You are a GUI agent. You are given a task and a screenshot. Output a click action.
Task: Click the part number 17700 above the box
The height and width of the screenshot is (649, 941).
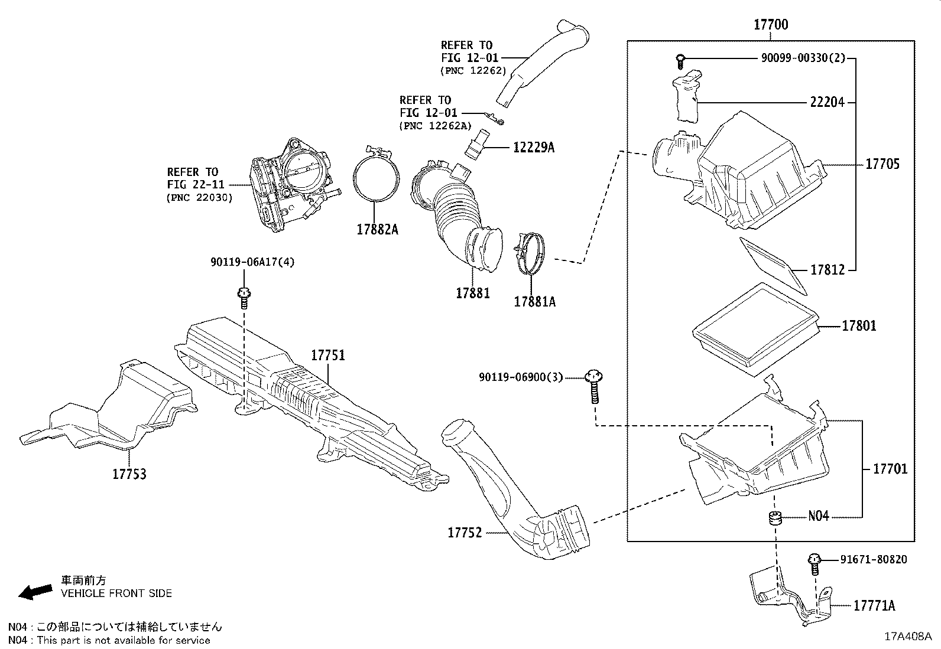coord(771,25)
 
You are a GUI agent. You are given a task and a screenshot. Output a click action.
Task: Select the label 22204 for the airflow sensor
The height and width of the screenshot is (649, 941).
coord(827,102)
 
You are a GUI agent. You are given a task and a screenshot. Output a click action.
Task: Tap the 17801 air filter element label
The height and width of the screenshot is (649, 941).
coord(859,326)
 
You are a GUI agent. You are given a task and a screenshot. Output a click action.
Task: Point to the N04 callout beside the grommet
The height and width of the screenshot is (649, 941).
coord(819,516)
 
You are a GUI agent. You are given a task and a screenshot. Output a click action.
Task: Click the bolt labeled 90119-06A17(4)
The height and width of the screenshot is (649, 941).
coord(244,298)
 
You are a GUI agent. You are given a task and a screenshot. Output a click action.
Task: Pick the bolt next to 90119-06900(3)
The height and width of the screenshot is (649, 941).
coord(595,386)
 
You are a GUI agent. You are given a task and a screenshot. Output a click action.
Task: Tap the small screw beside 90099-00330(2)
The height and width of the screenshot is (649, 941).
coord(680,61)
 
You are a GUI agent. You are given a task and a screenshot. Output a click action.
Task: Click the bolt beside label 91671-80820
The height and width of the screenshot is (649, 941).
coord(814,564)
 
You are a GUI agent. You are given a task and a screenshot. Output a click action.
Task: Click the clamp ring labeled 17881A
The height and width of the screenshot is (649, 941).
coord(530,253)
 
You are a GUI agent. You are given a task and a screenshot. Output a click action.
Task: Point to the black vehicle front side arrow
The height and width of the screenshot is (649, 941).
coord(35,592)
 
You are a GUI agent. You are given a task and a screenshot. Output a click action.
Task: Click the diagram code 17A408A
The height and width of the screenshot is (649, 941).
coord(908,637)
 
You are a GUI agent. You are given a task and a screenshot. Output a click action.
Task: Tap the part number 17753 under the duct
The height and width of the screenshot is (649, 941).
coord(129,474)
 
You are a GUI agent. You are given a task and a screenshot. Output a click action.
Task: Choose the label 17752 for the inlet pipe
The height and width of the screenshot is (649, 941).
coord(465,533)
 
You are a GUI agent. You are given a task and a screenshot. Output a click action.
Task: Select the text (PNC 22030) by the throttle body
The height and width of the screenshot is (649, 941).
coord(200,198)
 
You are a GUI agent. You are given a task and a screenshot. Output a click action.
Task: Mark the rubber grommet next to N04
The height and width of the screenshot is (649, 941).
coord(775,518)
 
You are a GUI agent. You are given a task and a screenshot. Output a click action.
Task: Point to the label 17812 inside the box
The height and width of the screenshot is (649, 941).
coord(827,269)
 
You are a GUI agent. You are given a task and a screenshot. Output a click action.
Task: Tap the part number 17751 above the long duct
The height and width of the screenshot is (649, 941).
coord(328,355)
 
